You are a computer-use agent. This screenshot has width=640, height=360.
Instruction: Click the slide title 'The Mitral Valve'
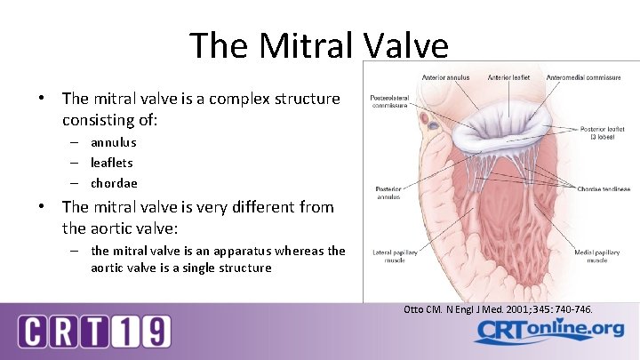(319, 45)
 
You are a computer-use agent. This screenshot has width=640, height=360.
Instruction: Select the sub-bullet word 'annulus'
(113, 142)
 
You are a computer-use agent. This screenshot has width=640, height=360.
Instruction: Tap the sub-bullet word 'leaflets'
(111, 163)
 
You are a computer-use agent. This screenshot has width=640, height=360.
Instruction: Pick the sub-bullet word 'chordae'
(114, 183)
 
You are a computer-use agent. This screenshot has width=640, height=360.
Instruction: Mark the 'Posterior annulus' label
(388, 193)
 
